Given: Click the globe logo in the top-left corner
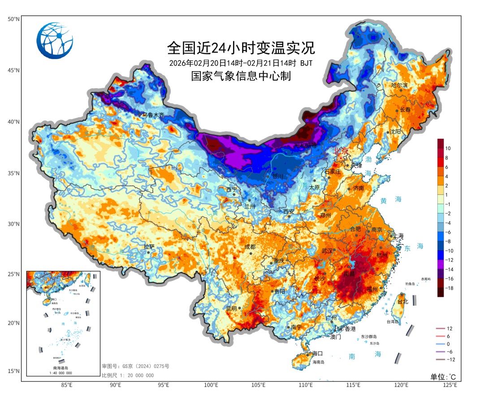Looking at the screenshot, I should (55, 41).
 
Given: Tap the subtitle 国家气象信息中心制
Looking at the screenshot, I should (241, 76).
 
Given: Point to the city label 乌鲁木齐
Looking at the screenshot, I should (153, 115).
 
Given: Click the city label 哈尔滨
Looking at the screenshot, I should (399, 85).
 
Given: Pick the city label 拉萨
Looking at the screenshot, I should (149, 247).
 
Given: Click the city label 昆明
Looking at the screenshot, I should (231, 308).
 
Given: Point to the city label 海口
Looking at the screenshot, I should (317, 353).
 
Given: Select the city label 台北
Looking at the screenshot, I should (403, 302).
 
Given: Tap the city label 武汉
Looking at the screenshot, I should (327, 251).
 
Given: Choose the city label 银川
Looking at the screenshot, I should (278, 176).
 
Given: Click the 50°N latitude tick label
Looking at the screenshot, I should (13, 19).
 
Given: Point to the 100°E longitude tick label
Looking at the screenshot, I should (211, 385).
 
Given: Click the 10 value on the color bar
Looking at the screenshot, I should (448, 148).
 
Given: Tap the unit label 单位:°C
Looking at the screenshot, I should (443, 377).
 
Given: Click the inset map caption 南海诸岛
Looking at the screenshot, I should (62, 368).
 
